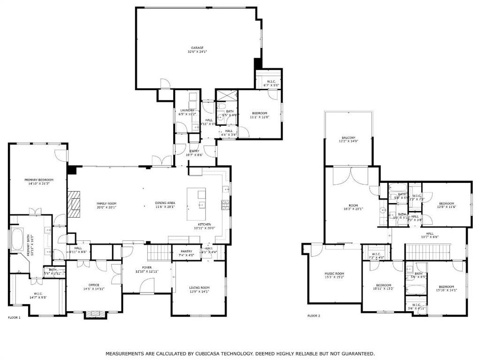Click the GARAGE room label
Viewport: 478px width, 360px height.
coord(197,48)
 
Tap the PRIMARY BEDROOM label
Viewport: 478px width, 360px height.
coord(39,180)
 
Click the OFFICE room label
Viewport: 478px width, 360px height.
coord(94,285)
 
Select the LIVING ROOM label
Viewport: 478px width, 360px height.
coord(199,288)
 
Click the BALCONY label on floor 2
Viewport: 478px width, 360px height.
coord(348,137)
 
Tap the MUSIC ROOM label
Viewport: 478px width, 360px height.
coord(334,274)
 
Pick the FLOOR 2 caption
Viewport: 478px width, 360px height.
coord(314,316)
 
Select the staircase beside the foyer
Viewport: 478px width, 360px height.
coord(159,254)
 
